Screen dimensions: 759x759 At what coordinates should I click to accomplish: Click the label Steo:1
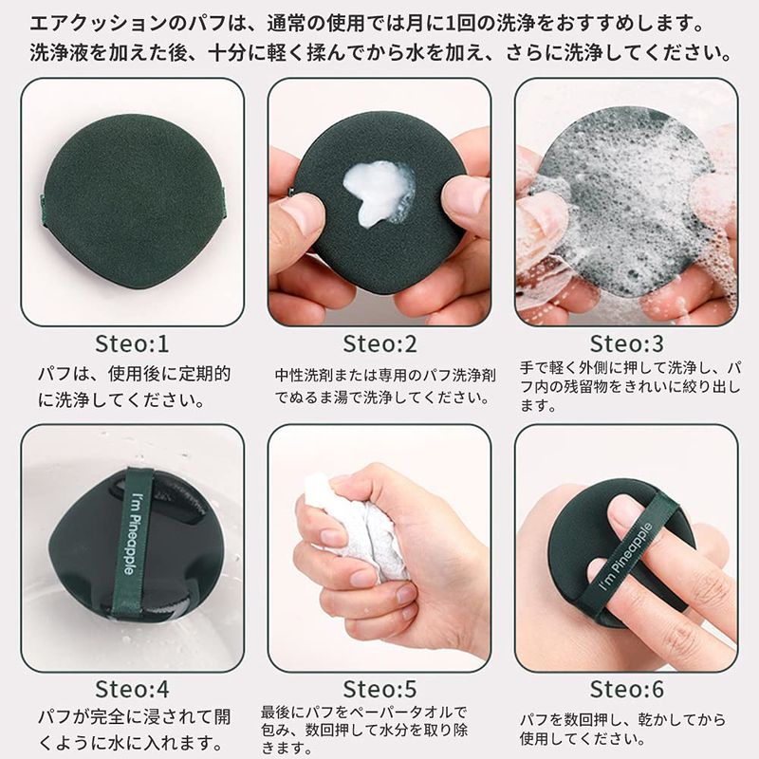[x=132, y=343]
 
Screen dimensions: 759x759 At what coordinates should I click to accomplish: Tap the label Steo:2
[x=380, y=343]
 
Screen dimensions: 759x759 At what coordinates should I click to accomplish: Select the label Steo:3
[x=627, y=343]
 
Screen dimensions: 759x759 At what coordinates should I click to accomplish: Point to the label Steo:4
[x=132, y=689]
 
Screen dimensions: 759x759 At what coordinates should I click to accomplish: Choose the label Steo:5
[x=380, y=689]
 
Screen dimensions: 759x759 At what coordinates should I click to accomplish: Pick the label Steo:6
[x=627, y=689]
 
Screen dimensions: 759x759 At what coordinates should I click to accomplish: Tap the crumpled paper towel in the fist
[x=356, y=528]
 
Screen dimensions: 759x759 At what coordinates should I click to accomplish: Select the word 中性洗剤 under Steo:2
[x=305, y=375]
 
